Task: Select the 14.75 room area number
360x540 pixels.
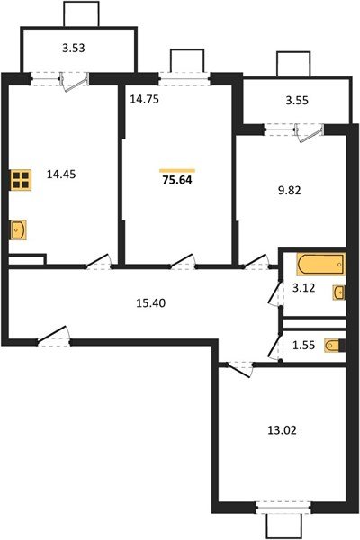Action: (x=144, y=101)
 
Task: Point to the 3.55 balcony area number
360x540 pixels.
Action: (x=297, y=101)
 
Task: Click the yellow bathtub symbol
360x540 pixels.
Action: (x=320, y=265)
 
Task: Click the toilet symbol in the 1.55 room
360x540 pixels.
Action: (x=334, y=345)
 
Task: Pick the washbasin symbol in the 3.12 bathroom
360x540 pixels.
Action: (x=338, y=292)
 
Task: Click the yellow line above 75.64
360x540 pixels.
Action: (x=177, y=170)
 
